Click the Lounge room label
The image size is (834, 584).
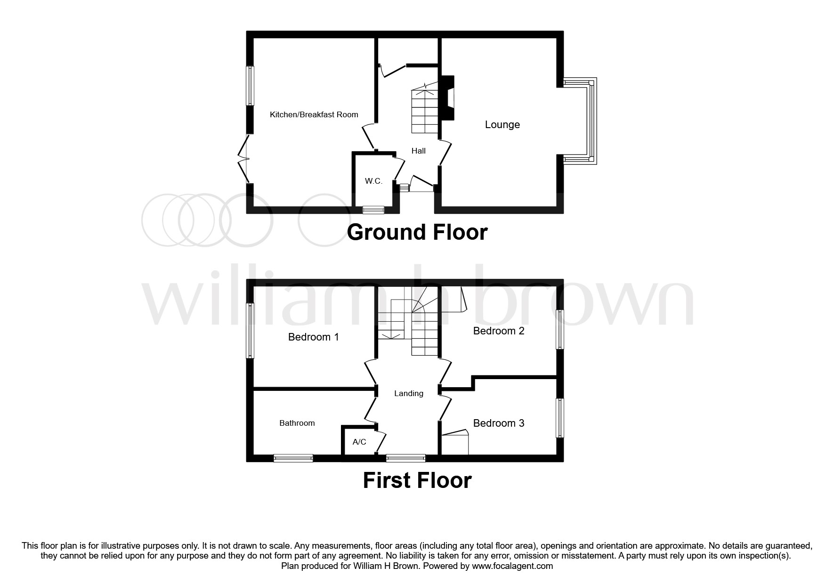pos(502,125)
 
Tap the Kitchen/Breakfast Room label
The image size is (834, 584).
pos(314,114)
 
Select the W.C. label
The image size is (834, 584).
pos(373,181)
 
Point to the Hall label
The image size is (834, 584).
pos(419,151)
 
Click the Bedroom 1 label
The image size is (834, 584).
pos(314,337)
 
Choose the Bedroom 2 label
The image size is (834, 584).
pos(499,331)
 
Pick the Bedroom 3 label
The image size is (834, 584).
pos(499,423)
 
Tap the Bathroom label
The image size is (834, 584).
pos(297,423)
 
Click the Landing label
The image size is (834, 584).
pos(409,394)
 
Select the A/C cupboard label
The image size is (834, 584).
pos(359,442)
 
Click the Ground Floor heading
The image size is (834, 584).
pos(417,233)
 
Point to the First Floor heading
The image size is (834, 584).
pos(417,481)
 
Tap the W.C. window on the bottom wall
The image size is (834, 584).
pos(373,210)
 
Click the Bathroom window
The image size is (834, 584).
pos(293,458)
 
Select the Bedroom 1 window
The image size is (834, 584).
pos(251,331)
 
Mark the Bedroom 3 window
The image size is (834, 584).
pos(560,418)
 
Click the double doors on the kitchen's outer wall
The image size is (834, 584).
pos(243,159)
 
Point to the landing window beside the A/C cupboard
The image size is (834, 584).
pos(406,458)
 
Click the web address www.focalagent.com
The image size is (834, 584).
pos(512,566)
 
